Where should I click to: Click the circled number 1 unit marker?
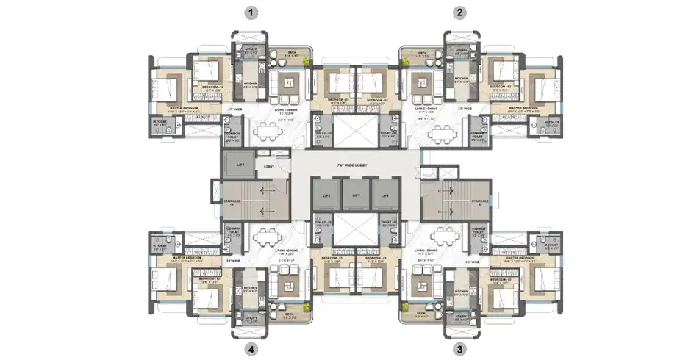[253, 12]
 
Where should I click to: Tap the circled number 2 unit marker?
[460, 12]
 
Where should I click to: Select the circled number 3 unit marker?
[460, 349]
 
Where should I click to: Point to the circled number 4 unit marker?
[253, 349]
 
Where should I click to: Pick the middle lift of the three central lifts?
[356, 197]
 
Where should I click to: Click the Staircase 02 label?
[481, 201]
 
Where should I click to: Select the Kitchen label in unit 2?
[462, 78]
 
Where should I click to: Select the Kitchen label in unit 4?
[250, 289]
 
